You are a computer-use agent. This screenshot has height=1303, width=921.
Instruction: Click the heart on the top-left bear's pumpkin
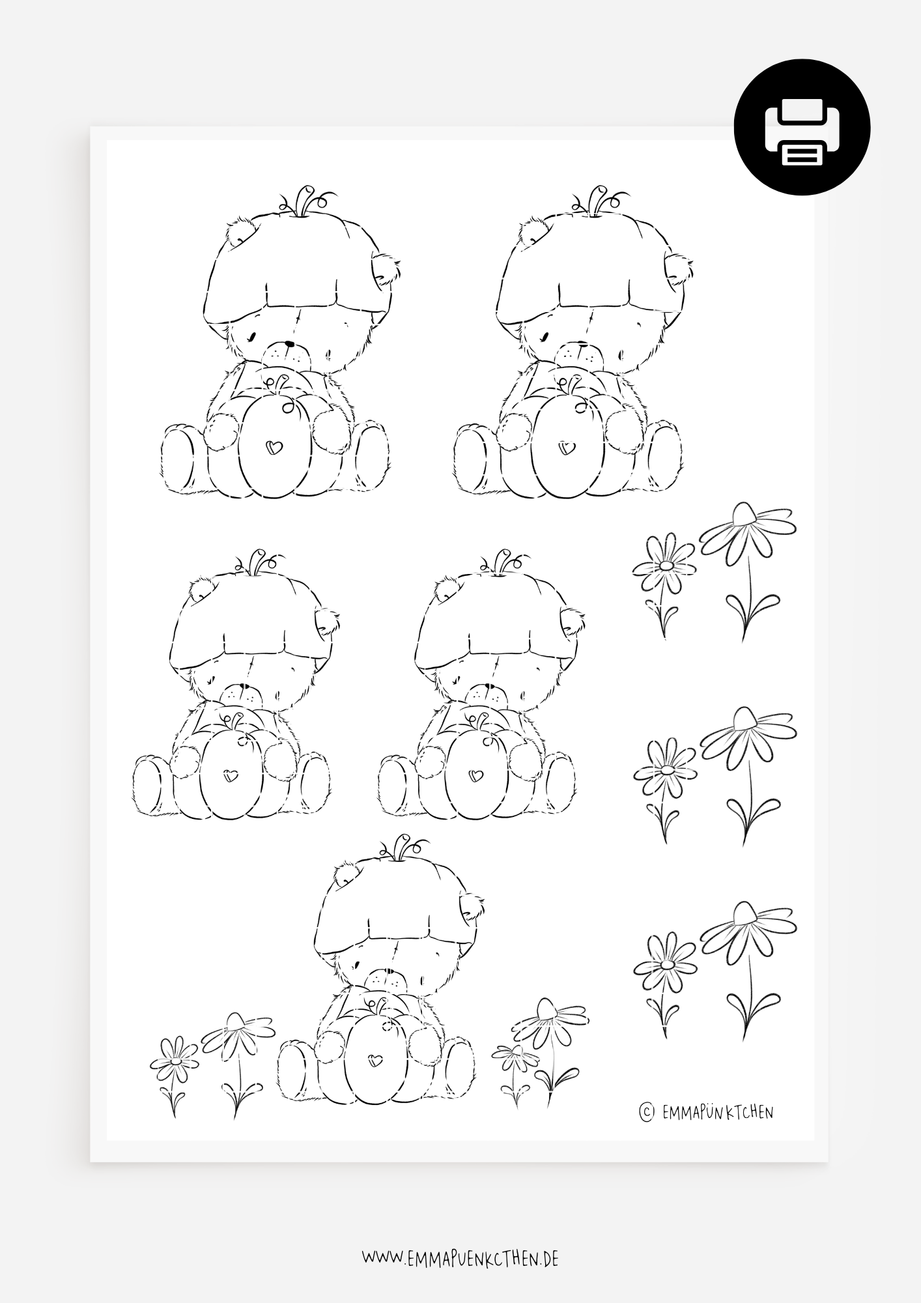274,448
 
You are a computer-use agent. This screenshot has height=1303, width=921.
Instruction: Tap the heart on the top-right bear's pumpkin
567,448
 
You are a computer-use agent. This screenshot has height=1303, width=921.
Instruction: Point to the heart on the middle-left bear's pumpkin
229,775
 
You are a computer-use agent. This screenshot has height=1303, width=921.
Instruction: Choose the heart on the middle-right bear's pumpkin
475,775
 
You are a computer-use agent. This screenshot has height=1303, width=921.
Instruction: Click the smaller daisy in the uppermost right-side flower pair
664,584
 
